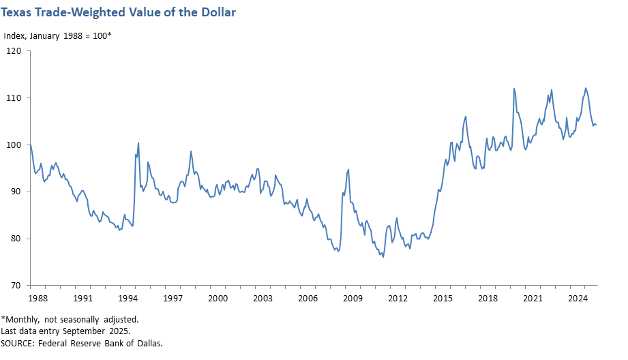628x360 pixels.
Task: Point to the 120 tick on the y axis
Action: click(14, 50)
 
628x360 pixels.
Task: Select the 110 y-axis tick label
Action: click(14, 97)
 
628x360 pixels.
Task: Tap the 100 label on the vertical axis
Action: click(14, 145)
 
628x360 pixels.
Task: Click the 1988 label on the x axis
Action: click(38, 299)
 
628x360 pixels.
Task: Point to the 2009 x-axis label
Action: click(353, 299)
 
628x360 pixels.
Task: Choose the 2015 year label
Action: click(443, 299)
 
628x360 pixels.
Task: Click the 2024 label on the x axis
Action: click(578, 299)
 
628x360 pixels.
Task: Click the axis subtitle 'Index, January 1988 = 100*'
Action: click(57, 35)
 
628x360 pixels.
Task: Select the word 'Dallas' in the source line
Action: click(149, 342)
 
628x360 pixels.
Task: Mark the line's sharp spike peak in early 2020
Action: click(514, 89)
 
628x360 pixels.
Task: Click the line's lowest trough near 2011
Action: click(383, 257)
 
